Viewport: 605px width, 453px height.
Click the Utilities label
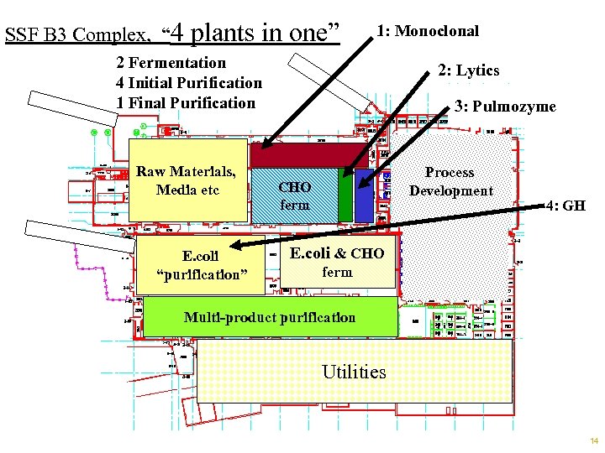click(x=354, y=372)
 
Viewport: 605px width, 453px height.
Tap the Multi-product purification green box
click(x=269, y=318)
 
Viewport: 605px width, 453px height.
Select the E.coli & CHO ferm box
click(x=337, y=263)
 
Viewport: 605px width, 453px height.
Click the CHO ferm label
click(x=294, y=195)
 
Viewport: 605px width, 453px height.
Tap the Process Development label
click(x=450, y=181)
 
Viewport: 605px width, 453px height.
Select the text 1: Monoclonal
click(x=428, y=31)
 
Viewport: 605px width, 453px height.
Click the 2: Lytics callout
click(x=468, y=71)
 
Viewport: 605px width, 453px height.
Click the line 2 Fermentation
click(x=171, y=63)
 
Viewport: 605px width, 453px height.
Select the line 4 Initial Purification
click(x=189, y=83)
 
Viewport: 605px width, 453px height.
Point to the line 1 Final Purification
click(x=186, y=103)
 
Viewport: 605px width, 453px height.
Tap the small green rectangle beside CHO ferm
click(x=345, y=195)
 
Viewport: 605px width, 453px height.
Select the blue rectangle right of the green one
click(x=363, y=195)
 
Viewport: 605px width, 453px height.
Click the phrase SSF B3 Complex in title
click(x=76, y=35)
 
